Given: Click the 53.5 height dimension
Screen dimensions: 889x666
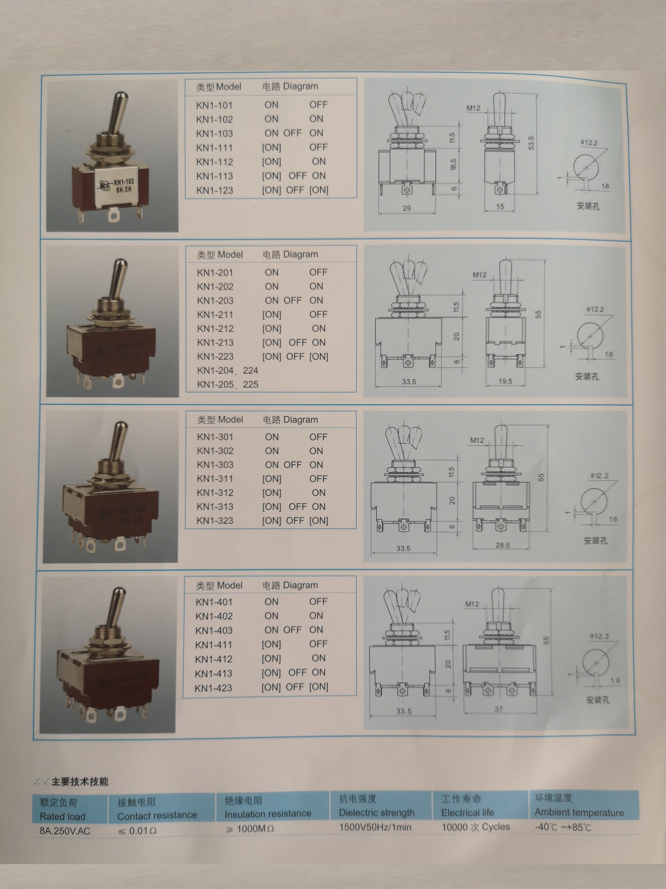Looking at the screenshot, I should coord(531,143).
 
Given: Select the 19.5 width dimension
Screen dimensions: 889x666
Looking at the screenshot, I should coord(505,381).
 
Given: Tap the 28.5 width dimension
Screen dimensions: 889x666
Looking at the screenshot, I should coord(502,545).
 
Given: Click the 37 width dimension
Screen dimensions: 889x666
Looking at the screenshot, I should coord(498,709).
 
